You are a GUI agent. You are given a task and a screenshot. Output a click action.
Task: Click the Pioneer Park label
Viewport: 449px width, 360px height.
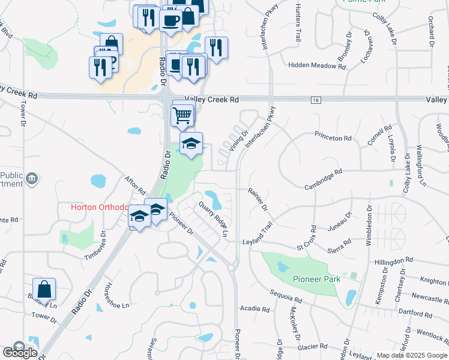pos(316,279)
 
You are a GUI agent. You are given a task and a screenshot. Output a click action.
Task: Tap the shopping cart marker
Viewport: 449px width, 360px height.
pos(182,114)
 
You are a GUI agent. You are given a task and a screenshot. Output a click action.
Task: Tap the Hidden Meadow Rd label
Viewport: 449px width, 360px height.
pos(317,65)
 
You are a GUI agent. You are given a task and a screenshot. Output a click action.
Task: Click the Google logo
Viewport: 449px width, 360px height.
pos(19,352)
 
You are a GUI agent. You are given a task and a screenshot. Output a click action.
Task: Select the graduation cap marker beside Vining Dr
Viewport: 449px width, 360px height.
pos(191,144)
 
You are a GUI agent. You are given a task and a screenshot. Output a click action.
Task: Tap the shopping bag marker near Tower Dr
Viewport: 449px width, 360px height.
pos(44,289)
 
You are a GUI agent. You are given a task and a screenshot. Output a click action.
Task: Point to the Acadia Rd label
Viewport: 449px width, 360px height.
pos(255,309)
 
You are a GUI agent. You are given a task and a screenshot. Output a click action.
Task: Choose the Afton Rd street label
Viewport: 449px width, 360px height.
pos(135,184)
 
